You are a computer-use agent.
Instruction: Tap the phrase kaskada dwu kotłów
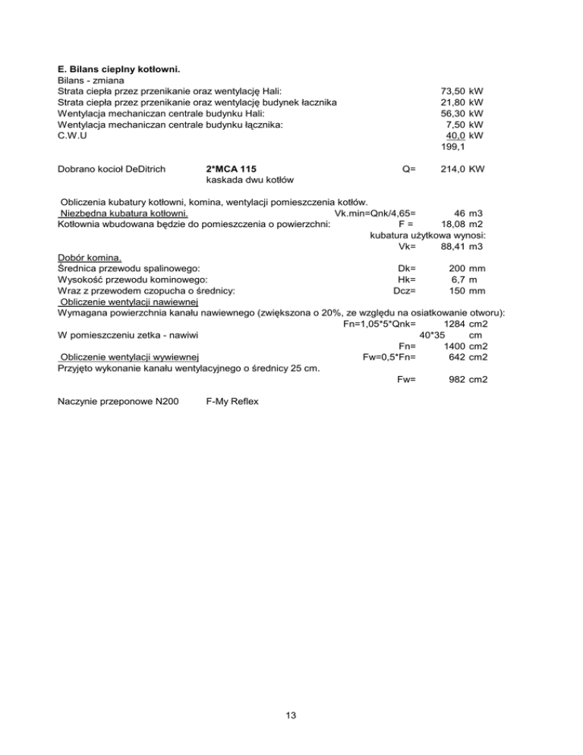point(250,180)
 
